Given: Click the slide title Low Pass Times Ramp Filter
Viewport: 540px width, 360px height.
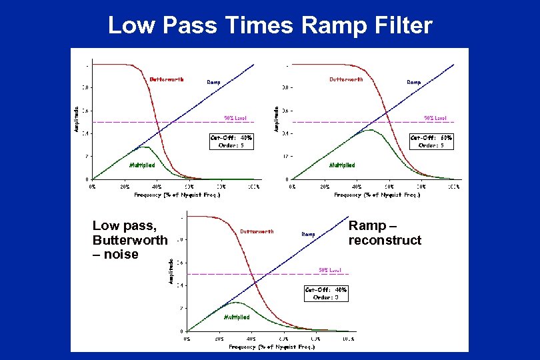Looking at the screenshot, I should point(270,25).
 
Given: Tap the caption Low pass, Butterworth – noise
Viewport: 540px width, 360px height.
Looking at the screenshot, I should point(130,240).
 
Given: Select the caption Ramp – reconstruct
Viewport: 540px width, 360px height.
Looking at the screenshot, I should point(385,233).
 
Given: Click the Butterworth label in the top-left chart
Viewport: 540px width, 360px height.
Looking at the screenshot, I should point(166,79).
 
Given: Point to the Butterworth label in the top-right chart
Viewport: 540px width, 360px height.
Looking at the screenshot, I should point(346,79).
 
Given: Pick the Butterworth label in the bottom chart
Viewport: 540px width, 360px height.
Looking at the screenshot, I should point(257,231).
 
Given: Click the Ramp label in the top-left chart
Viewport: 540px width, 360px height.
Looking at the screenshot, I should point(213,82).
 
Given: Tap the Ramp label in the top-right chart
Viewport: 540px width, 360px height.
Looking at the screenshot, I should point(414,82).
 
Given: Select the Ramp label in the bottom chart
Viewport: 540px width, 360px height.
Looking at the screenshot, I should point(308,234).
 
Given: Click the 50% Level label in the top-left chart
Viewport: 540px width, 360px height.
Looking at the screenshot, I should point(235,118).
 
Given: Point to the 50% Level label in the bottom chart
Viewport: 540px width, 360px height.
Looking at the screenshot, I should point(329,270).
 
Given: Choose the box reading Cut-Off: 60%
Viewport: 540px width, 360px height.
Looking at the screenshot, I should point(431,141).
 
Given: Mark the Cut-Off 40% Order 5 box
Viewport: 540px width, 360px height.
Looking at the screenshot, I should point(231,141).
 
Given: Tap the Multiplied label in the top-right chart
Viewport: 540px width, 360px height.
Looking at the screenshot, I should point(342,165).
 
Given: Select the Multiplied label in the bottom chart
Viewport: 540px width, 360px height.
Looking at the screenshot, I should point(237,317).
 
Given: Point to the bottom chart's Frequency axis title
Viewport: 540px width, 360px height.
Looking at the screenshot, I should point(271,347).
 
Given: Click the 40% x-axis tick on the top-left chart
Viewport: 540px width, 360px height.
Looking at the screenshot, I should point(157,187).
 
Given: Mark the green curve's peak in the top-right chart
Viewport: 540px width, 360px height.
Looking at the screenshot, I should point(370,131).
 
